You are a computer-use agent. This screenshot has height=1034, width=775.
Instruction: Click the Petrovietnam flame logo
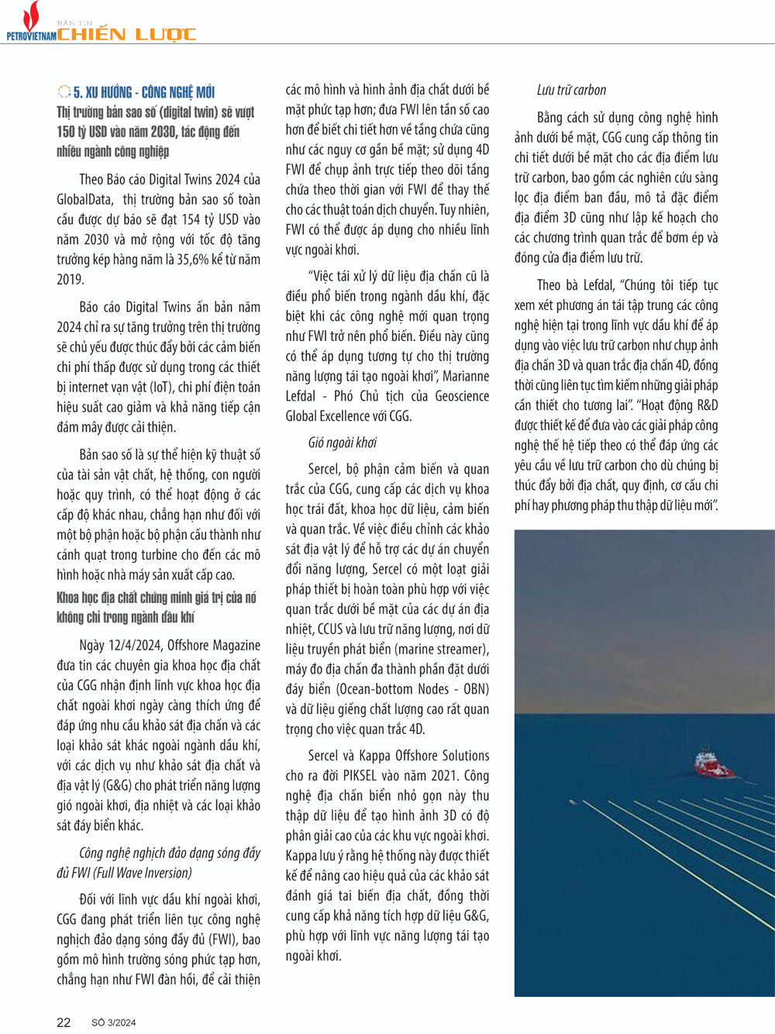[32, 16]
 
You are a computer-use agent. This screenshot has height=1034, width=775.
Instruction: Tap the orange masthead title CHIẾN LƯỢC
[126, 34]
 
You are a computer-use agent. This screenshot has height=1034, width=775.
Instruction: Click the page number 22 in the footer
[64, 1022]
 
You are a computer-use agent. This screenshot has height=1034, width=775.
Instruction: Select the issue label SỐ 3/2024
[114, 1022]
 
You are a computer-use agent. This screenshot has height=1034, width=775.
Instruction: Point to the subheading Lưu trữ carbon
[571, 90]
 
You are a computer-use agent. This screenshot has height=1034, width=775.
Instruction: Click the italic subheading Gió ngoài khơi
[342, 443]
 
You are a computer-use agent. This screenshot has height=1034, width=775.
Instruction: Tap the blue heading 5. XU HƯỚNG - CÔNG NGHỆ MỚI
[144, 92]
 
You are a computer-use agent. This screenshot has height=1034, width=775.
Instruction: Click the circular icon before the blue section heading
[64, 92]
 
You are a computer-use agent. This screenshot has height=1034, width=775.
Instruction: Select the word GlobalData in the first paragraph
[87, 199]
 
